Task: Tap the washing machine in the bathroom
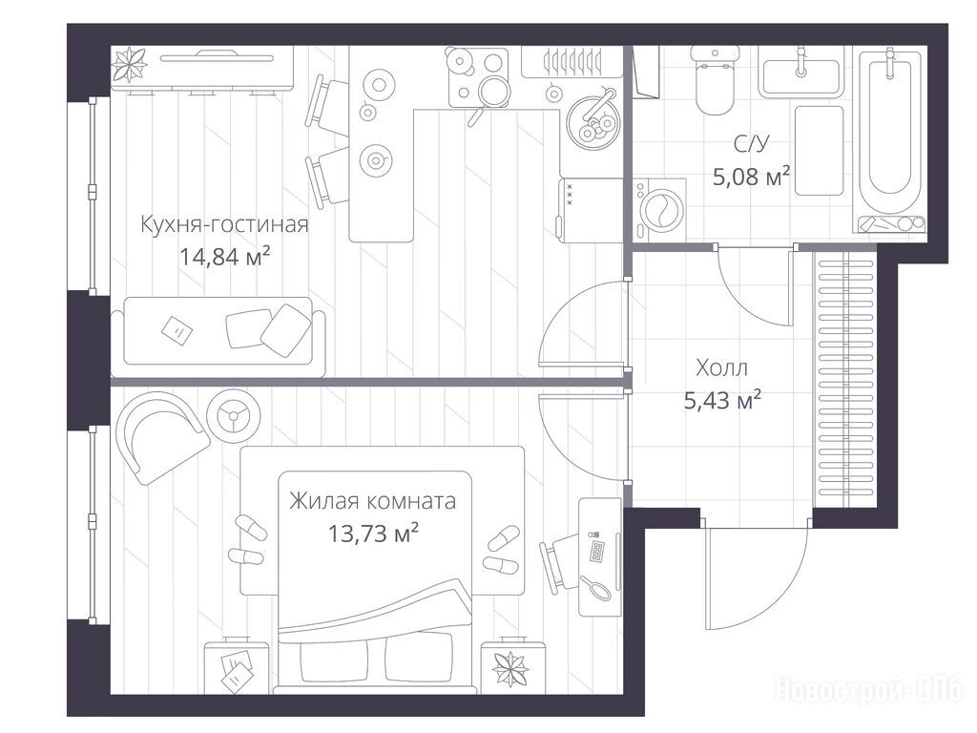point(659,210)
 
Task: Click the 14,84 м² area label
point(224,256)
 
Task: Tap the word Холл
point(721,367)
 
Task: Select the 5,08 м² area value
point(752,177)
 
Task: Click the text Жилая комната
point(372,501)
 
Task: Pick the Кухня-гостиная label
point(224,223)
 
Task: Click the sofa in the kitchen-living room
point(218,337)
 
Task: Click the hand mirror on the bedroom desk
point(595,589)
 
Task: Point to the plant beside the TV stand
point(129,65)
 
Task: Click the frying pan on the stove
point(491,94)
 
